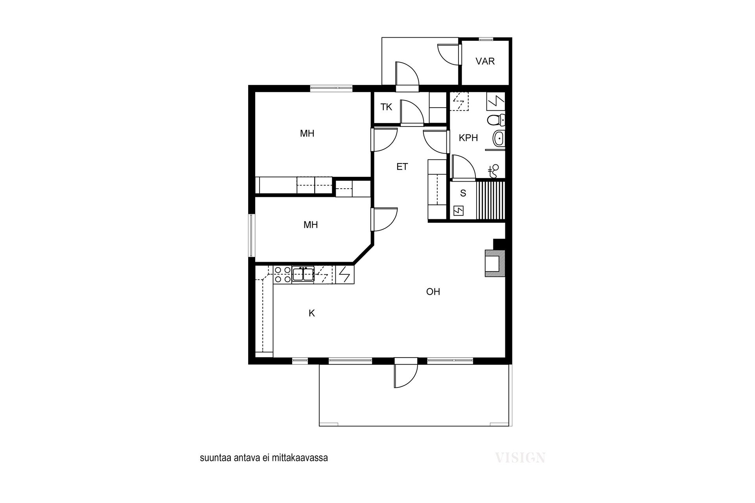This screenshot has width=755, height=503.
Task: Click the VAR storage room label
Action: tap(485, 61)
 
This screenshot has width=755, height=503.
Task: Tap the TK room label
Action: tap(386, 107)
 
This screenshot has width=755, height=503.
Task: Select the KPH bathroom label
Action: tap(468, 138)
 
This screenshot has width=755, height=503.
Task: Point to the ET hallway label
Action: tap(402, 167)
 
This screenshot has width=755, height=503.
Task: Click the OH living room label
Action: tap(433, 292)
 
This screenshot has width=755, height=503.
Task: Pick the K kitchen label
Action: tap(312, 313)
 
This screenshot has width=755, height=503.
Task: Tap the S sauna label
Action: tap(463, 193)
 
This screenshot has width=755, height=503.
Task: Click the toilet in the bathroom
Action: tap(496, 119)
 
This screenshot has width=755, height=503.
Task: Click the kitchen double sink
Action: tap(303, 274)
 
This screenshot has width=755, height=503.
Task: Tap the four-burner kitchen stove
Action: tap(283, 274)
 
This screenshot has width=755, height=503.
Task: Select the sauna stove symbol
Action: tap(459, 211)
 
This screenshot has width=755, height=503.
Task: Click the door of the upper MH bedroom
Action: tap(384, 140)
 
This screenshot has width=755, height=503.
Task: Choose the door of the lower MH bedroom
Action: tap(384, 219)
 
